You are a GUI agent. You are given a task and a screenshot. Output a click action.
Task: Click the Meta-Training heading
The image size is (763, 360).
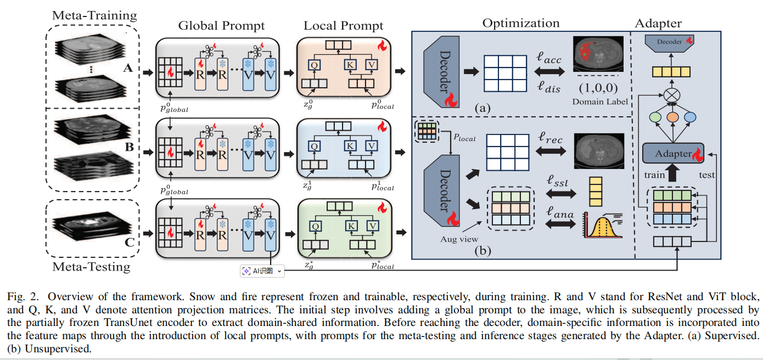(94, 16)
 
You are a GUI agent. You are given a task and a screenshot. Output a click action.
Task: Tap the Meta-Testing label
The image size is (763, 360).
(91, 267)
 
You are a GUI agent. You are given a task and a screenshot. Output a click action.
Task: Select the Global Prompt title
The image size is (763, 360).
(221, 26)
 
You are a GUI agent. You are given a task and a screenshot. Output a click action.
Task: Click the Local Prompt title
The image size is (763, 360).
(344, 26)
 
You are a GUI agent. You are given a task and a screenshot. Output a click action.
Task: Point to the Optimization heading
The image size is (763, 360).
(521, 23)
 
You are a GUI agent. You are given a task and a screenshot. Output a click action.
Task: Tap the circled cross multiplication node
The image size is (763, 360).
(672, 95)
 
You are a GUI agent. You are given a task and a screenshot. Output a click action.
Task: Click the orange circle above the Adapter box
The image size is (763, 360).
(672, 117)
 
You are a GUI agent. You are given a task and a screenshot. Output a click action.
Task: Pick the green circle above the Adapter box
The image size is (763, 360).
(655, 117)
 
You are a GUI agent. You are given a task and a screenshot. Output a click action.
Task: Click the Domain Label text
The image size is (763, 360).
(600, 102)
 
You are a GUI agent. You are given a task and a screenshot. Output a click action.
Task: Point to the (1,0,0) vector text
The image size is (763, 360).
(598, 88)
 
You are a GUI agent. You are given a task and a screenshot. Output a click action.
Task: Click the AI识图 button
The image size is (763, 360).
(262, 271)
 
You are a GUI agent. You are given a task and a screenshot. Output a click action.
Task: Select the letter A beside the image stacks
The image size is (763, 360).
(128, 68)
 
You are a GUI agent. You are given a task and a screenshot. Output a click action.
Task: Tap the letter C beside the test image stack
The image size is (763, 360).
(130, 243)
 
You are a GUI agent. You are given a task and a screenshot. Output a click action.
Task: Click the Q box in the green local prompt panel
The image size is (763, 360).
(316, 226)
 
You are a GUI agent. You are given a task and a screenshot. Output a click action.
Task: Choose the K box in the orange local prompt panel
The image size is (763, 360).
(350, 65)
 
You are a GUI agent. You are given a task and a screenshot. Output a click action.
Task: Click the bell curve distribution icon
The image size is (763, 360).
(603, 225)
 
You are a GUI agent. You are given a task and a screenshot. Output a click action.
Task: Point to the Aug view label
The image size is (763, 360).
(459, 239)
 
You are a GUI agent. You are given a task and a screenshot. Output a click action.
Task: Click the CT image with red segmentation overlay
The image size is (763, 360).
(598, 54)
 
